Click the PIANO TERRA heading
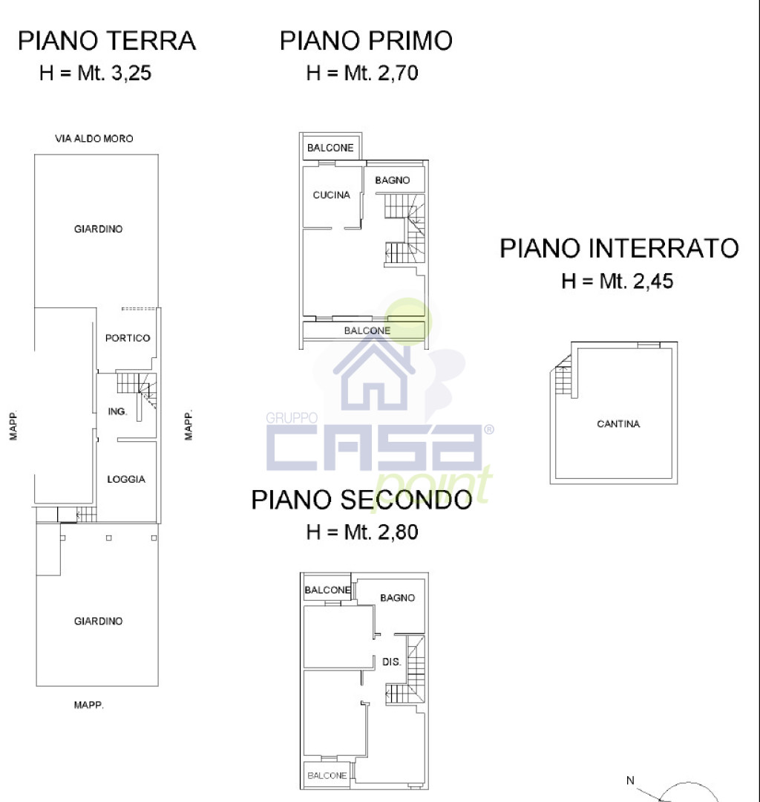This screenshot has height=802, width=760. (107, 41)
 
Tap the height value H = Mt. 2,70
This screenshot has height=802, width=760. (362, 73)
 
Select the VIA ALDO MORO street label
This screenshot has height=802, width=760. (94, 139)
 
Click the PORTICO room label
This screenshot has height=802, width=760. (128, 338)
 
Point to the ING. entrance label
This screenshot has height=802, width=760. (117, 411)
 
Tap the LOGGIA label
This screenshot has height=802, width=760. (126, 479)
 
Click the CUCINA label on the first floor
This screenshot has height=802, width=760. (331, 195)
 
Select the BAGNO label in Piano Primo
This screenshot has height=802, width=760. (393, 180)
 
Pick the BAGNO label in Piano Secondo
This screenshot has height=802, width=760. (398, 597)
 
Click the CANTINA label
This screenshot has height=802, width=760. (618, 423)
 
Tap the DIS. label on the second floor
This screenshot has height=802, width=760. (391, 662)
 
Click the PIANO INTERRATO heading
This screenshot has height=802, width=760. (619, 249)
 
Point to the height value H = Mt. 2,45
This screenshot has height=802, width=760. (617, 281)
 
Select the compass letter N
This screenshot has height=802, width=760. (630, 780)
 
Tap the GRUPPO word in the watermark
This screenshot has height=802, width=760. (292, 418)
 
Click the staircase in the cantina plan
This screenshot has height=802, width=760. (563, 376)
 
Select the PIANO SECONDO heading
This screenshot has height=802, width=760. (361, 500)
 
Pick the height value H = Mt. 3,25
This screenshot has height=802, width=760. (95, 73)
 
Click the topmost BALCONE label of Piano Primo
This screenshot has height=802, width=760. (330, 148)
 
